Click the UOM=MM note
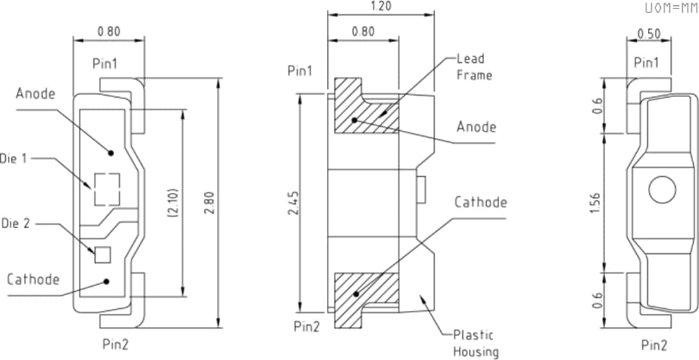point(671,8)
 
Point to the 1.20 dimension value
point(380,5)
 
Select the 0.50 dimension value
point(649,34)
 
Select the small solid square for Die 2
point(103,254)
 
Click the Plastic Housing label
point(472,343)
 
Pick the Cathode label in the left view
point(33,280)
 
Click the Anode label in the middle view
point(476,127)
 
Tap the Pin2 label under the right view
point(654,344)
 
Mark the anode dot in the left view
point(111,153)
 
